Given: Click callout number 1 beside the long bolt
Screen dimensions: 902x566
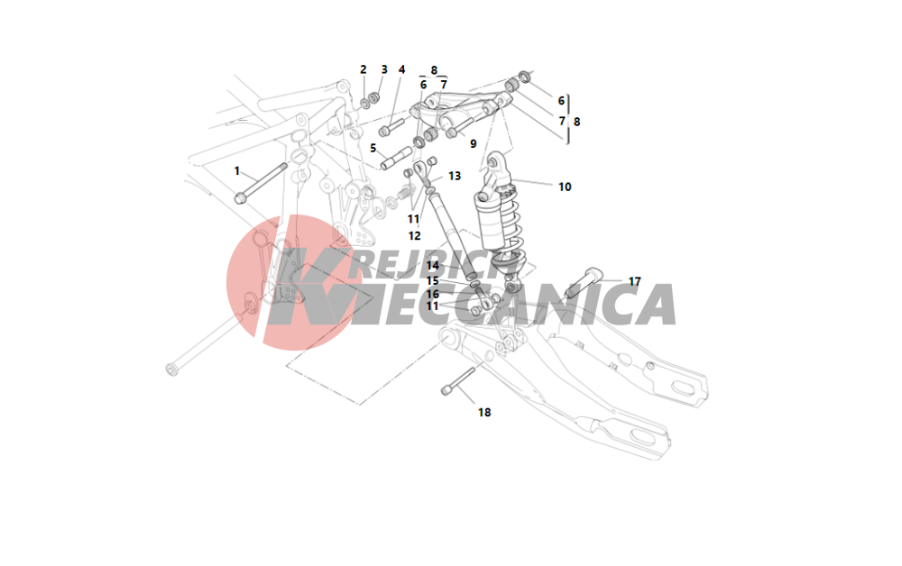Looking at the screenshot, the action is point(236,171).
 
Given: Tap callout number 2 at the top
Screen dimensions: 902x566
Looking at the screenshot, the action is point(363,69).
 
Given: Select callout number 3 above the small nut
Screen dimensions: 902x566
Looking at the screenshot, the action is point(384,69).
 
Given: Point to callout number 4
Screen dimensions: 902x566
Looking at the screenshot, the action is point(401,69).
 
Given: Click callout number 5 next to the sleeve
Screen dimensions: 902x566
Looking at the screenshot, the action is point(373,148).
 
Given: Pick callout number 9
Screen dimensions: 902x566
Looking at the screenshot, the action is point(473,143).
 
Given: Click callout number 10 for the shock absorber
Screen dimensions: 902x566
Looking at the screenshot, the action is point(565,187).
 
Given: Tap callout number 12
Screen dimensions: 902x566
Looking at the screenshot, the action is point(414,235).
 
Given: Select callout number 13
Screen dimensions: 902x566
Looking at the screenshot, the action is point(455,176).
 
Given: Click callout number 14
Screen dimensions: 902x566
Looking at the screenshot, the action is point(433,266).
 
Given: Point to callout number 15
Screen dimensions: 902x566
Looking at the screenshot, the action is point(433,281).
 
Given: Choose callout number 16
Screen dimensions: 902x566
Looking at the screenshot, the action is point(433,294).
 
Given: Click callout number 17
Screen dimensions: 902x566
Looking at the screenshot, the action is point(634,281).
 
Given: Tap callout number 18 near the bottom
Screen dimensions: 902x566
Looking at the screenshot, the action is point(484,413).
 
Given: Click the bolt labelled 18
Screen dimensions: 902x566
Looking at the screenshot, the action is point(458,381).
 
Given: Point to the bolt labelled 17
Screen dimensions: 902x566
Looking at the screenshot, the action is point(584,283).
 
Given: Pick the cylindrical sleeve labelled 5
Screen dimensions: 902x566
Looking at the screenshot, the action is point(396,159).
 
